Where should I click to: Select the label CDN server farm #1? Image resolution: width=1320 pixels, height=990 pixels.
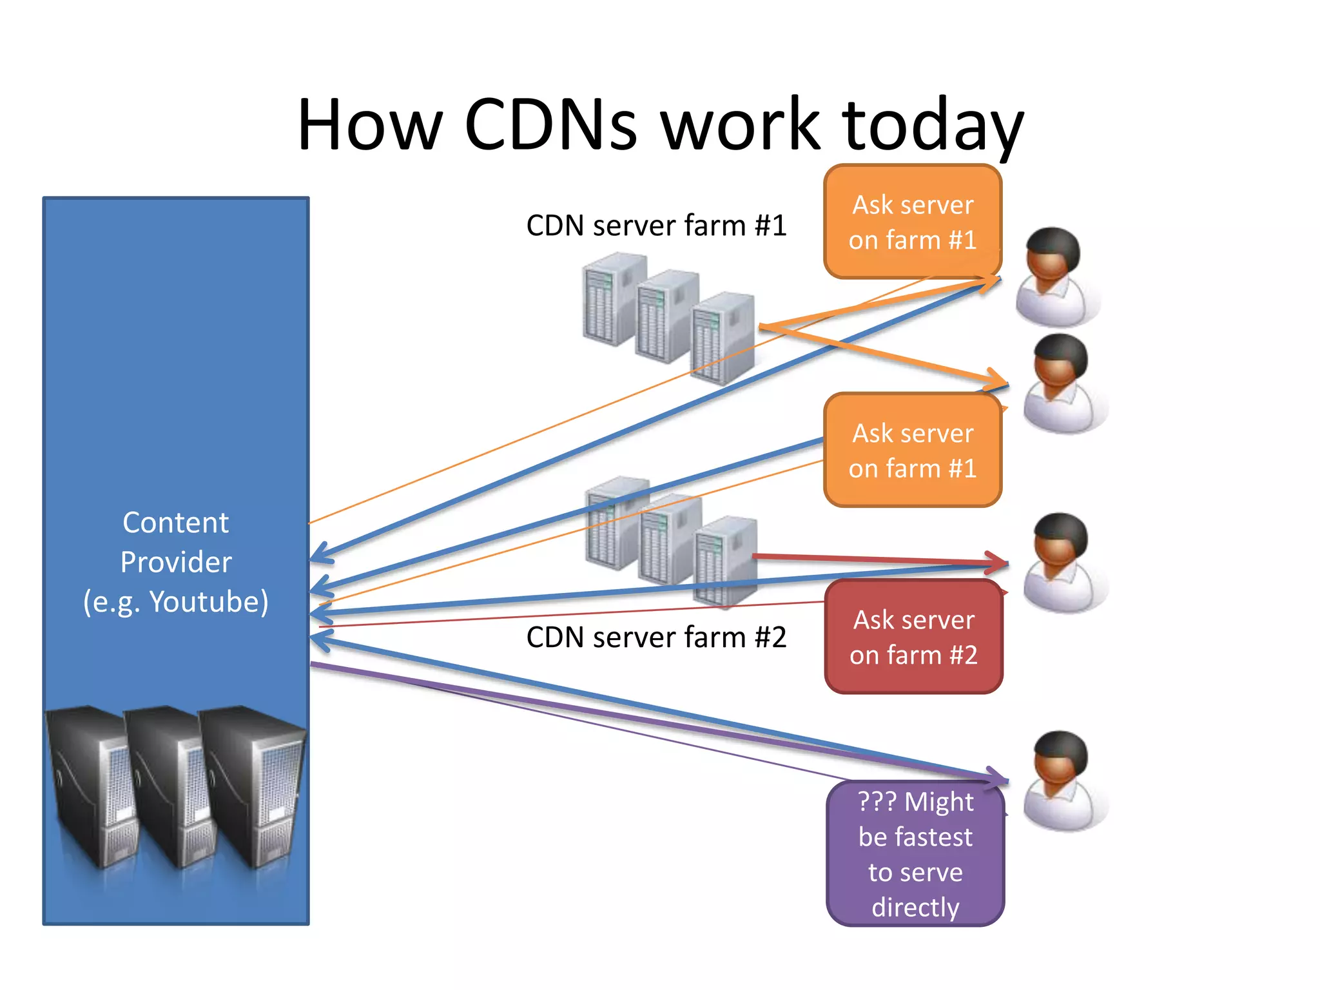(656, 226)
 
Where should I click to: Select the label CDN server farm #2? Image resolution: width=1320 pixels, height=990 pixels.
(656, 637)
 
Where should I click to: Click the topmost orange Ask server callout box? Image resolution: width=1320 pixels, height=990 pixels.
(913, 222)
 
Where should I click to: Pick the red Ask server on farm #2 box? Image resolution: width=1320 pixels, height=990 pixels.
(913, 637)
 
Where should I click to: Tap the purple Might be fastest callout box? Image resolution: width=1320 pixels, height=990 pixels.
(915, 853)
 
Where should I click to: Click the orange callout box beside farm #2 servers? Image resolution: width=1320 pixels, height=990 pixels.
(913, 450)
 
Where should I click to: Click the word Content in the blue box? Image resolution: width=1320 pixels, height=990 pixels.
(175, 523)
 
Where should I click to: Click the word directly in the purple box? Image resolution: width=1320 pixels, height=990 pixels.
(915, 907)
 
